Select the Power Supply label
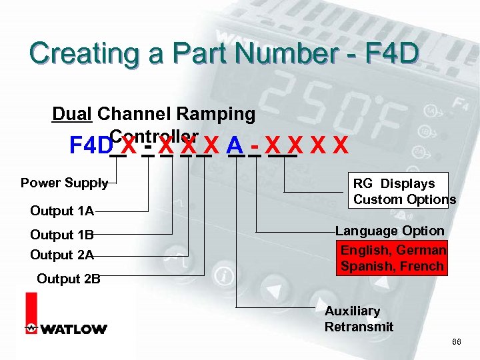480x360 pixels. point(64,183)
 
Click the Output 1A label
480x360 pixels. point(62,211)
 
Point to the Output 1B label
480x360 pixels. point(62,235)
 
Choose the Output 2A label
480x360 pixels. point(62,255)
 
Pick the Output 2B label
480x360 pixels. point(69,279)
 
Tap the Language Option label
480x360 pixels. point(389,231)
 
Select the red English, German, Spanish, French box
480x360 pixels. point(393,258)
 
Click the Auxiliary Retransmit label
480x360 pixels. point(359,319)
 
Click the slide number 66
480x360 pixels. point(457,341)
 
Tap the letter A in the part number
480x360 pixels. point(234,145)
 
